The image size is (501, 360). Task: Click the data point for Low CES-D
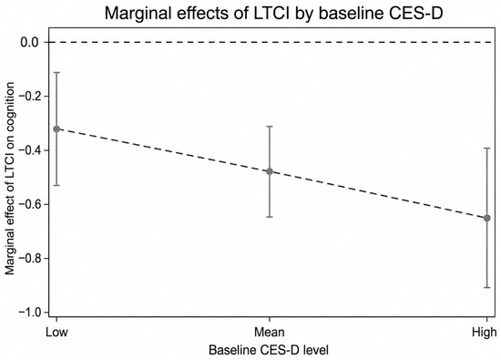point(56,129)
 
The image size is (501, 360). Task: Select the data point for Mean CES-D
point(270,171)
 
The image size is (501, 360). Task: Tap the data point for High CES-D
point(487,218)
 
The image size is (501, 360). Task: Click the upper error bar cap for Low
point(56,73)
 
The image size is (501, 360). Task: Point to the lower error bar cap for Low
point(56,185)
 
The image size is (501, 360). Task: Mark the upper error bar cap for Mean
point(270,127)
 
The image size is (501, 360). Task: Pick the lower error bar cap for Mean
point(270,217)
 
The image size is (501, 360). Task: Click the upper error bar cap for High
point(487,148)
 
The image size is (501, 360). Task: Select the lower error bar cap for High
point(487,288)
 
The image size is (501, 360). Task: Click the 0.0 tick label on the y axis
point(30,42)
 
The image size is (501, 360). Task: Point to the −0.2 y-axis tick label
point(29,97)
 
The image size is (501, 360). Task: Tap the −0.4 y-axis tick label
point(29,150)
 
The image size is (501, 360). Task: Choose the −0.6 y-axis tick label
point(29,204)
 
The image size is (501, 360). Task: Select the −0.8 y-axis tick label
point(29,258)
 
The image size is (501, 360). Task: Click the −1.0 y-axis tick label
point(29,312)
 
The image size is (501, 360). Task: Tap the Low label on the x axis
point(56,332)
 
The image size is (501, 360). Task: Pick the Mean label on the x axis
point(270,332)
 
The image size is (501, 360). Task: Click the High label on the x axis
point(485,332)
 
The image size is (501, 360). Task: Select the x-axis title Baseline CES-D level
point(269,350)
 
